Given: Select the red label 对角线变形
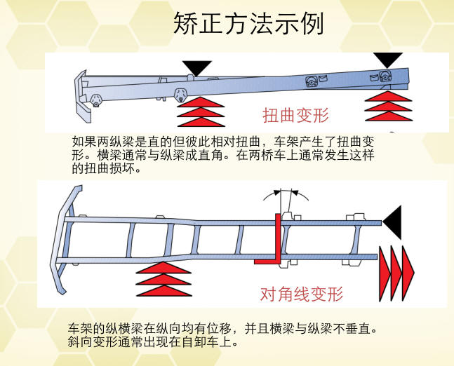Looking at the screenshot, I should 301,294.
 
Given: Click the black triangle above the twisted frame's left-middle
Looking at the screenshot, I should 197,68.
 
